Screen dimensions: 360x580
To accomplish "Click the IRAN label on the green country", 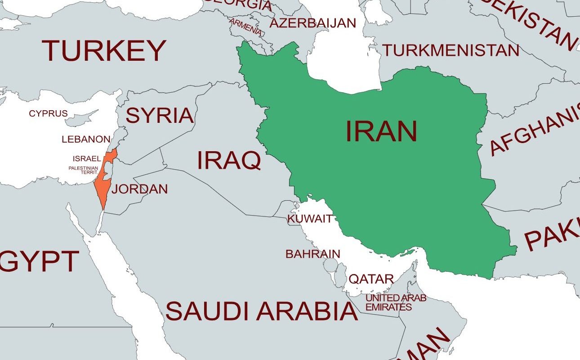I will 381,131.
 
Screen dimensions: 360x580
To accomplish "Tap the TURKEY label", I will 104,50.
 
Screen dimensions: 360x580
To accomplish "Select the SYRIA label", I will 159,116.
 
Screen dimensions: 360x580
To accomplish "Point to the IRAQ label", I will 229,161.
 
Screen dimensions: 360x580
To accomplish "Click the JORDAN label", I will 139,189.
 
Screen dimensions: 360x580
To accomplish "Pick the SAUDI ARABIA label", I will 261,311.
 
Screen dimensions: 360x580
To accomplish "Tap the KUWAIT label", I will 310,219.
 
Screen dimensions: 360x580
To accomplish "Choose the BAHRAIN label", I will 312,254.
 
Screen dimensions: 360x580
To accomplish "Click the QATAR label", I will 371,279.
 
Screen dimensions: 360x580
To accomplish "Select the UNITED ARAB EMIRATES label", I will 396,302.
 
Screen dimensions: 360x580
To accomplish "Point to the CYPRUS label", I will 48,113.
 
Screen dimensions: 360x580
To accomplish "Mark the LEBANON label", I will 86,139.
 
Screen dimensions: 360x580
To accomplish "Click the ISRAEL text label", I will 87,159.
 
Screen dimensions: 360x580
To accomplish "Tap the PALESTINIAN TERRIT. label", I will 83,170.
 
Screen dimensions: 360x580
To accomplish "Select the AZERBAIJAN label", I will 312,23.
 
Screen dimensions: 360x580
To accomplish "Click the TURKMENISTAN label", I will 451,50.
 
